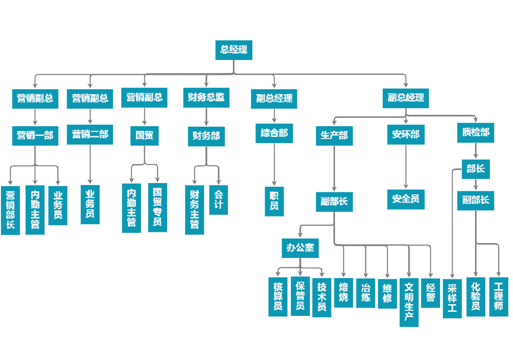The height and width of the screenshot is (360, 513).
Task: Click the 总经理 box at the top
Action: pyautogui.click(x=234, y=50)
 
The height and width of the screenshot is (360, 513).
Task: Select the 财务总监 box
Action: pyautogui.click(x=206, y=97)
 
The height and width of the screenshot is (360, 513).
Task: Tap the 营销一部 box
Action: pyautogui.click(x=35, y=136)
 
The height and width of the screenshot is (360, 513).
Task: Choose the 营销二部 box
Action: pyautogui.click(x=90, y=135)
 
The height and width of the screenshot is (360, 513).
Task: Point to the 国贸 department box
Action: pyautogui.click(x=144, y=136)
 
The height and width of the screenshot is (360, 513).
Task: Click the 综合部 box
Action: pyautogui.click(x=274, y=133)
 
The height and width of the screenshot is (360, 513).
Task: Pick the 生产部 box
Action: pyautogui.click(x=334, y=135)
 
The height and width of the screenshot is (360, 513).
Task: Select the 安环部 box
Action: pyautogui.click(x=406, y=135)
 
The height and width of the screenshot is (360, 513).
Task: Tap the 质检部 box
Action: pyautogui.click(x=476, y=132)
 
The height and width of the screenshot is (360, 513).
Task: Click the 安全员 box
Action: pyautogui.click(x=406, y=199)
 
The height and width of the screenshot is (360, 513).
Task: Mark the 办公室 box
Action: pyautogui.click(x=300, y=248)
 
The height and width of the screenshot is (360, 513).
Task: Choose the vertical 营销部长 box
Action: pyautogui.click(x=10, y=210)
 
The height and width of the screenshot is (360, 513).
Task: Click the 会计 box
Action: pyautogui.click(x=219, y=200)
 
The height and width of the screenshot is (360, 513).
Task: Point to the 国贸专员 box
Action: pyautogui.click(x=157, y=208)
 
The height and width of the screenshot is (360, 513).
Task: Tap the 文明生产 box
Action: pyautogui.click(x=409, y=303)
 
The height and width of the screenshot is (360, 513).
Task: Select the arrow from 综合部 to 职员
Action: pyautogui.click(x=274, y=164)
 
